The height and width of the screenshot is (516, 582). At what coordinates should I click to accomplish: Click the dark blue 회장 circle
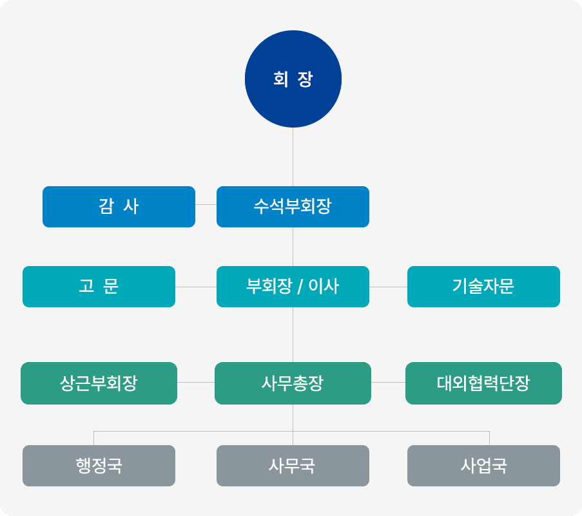293,79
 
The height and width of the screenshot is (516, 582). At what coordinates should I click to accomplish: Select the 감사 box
119,207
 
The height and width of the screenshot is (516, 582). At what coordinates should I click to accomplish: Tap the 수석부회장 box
293,207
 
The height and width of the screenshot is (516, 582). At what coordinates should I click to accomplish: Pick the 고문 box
99,287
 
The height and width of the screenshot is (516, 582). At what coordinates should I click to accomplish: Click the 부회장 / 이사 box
293,287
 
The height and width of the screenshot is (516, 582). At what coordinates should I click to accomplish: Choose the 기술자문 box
483,287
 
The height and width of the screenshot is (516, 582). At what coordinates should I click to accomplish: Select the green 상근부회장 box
99,383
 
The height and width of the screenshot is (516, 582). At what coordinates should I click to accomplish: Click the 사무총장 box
293,383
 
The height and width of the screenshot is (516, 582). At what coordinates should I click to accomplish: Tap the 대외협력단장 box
483,383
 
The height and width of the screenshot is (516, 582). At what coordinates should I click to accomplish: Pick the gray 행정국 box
99,466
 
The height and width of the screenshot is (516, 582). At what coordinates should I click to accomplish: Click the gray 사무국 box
293,466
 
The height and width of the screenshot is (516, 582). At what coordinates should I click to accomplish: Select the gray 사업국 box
483,466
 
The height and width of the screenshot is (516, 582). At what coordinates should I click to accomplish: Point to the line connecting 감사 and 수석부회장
206,204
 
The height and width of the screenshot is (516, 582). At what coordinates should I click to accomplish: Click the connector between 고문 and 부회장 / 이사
196,287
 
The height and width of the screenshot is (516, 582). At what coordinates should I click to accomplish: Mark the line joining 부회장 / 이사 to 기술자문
388,287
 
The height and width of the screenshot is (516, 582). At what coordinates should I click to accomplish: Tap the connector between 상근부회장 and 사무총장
196,383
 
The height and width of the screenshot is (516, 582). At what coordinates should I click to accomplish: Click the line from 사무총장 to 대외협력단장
388,383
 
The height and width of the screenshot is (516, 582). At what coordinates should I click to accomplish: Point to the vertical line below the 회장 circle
293,157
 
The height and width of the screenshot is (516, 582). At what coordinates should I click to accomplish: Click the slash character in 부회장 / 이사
300,287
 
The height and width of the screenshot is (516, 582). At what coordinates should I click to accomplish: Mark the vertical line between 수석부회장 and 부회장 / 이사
293,247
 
